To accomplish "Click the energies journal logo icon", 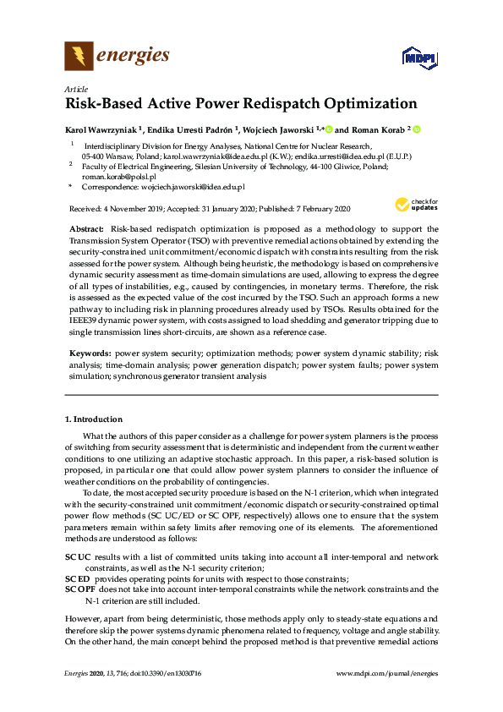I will [x=79, y=57].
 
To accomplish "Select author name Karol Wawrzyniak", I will [x=100, y=130].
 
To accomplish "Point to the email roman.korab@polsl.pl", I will [x=107, y=177].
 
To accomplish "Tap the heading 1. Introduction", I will [x=94, y=419].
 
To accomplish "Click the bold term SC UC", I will [x=78, y=556].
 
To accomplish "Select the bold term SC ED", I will [x=78, y=578].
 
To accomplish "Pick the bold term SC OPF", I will [x=79, y=589].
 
